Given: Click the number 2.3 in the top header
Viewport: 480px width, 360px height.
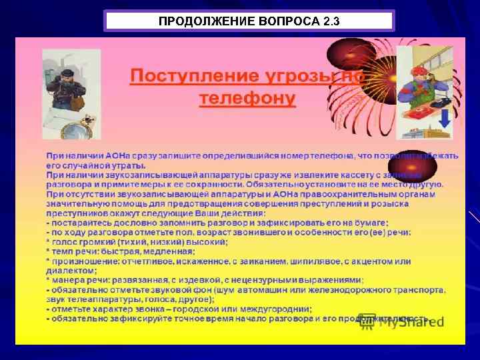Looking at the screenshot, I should pyautogui.click(x=330, y=21).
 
